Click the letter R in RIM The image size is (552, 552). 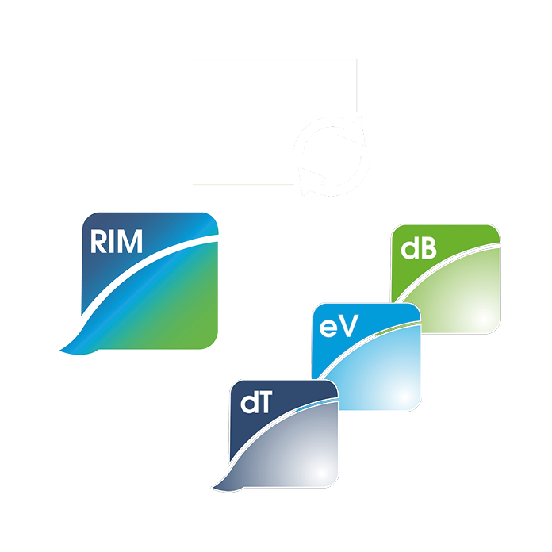click(99, 240)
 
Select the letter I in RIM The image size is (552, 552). click(113, 240)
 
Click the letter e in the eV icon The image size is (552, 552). click(331, 325)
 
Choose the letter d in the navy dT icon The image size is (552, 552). click(248, 404)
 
